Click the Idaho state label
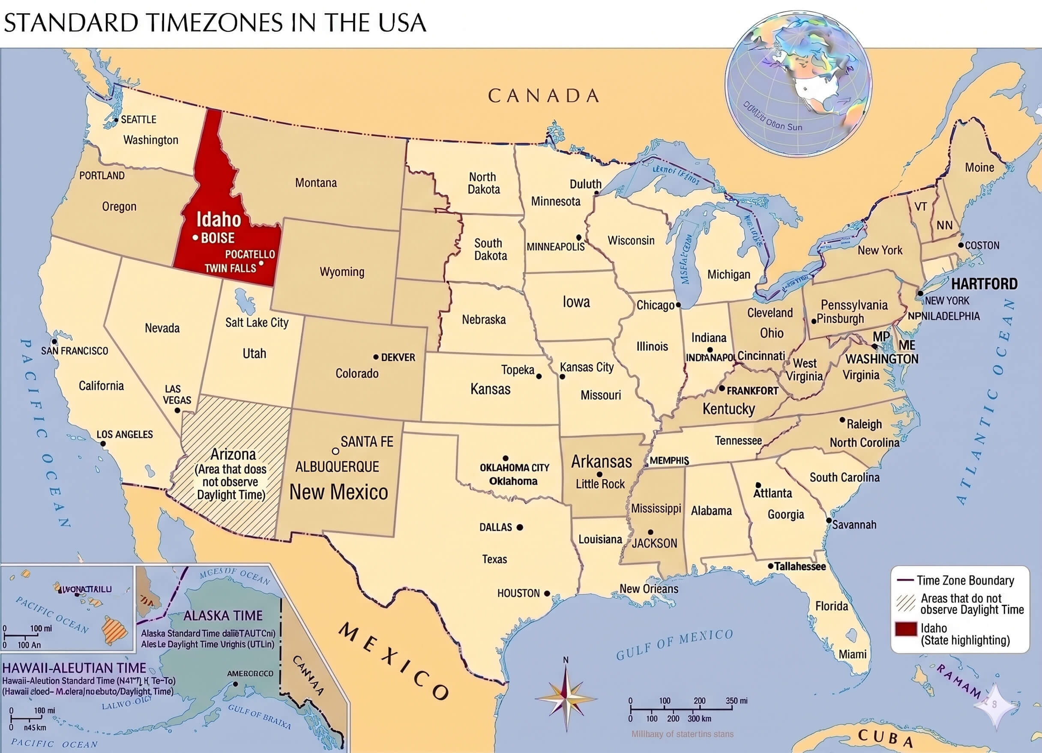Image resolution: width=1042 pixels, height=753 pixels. [219, 220]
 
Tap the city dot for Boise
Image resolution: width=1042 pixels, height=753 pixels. [195, 238]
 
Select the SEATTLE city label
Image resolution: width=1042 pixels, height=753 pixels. [138, 120]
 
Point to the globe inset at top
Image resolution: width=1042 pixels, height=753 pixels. [798, 84]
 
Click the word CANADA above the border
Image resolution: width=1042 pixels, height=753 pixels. [544, 96]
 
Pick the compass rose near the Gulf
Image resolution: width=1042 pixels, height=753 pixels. [566, 699]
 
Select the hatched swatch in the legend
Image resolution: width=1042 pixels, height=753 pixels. [906, 603]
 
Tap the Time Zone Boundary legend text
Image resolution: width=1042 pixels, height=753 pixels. [965, 581]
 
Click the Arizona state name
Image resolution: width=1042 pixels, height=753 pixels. [233, 454]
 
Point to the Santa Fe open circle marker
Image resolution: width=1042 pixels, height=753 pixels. [335, 451]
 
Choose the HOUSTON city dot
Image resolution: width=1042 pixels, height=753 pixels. [547, 594]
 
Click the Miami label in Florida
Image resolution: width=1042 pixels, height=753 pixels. [852, 654]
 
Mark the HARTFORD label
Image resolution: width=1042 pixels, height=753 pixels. [984, 284]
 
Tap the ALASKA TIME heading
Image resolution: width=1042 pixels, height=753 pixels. [223, 616]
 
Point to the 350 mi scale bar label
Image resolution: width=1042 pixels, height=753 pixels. [737, 701]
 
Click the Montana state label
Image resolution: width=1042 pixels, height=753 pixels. [316, 183]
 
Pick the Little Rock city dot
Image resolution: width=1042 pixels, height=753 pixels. [599, 475]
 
